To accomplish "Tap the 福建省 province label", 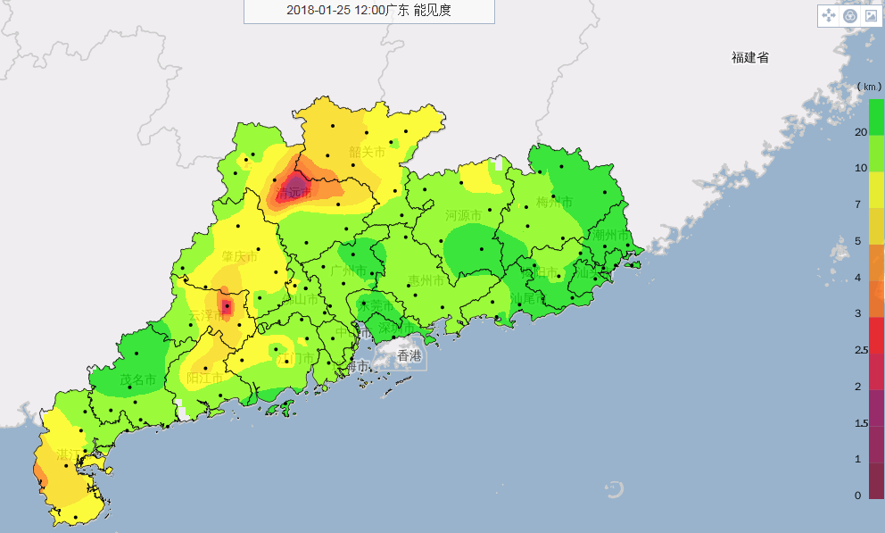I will tap(749, 58).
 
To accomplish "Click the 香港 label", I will tap(409, 355).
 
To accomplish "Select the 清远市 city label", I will tap(294, 193).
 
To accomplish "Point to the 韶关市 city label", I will tap(367, 153).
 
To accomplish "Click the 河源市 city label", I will tap(463, 216).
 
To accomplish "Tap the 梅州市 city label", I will tap(554, 203).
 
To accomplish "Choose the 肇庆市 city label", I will tap(239, 256).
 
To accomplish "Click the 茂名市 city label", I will tap(137, 380).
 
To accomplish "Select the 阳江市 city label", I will tap(204, 378).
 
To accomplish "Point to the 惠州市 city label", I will tap(426, 280).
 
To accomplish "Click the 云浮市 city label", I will tap(206, 316).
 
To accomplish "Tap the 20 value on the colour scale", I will tap(860, 132).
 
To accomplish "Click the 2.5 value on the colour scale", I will tap(860, 350).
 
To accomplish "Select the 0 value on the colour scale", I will tap(857, 496).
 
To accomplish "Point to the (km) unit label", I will tap(868, 87).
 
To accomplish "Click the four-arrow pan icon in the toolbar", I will tap(828, 16).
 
